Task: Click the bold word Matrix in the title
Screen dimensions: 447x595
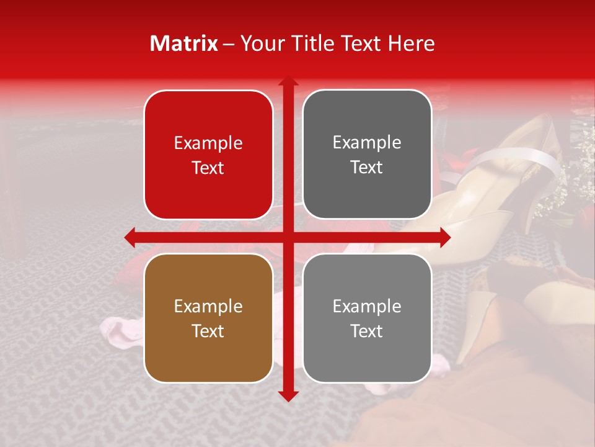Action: [183, 43]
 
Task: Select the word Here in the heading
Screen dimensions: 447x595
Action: [411, 43]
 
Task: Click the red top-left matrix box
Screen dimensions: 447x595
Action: [208, 155]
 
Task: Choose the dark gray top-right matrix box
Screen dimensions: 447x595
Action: [367, 155]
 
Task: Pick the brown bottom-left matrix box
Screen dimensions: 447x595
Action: [208, 318]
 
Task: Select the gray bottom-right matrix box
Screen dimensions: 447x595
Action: [367, 318]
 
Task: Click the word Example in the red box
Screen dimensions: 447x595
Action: [208, 143]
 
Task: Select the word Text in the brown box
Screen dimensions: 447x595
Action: [208, 331]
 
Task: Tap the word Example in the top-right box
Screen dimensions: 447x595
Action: [367, 142]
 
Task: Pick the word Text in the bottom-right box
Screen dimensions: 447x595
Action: [367, 331]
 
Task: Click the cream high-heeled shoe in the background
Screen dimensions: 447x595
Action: [490, 186]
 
